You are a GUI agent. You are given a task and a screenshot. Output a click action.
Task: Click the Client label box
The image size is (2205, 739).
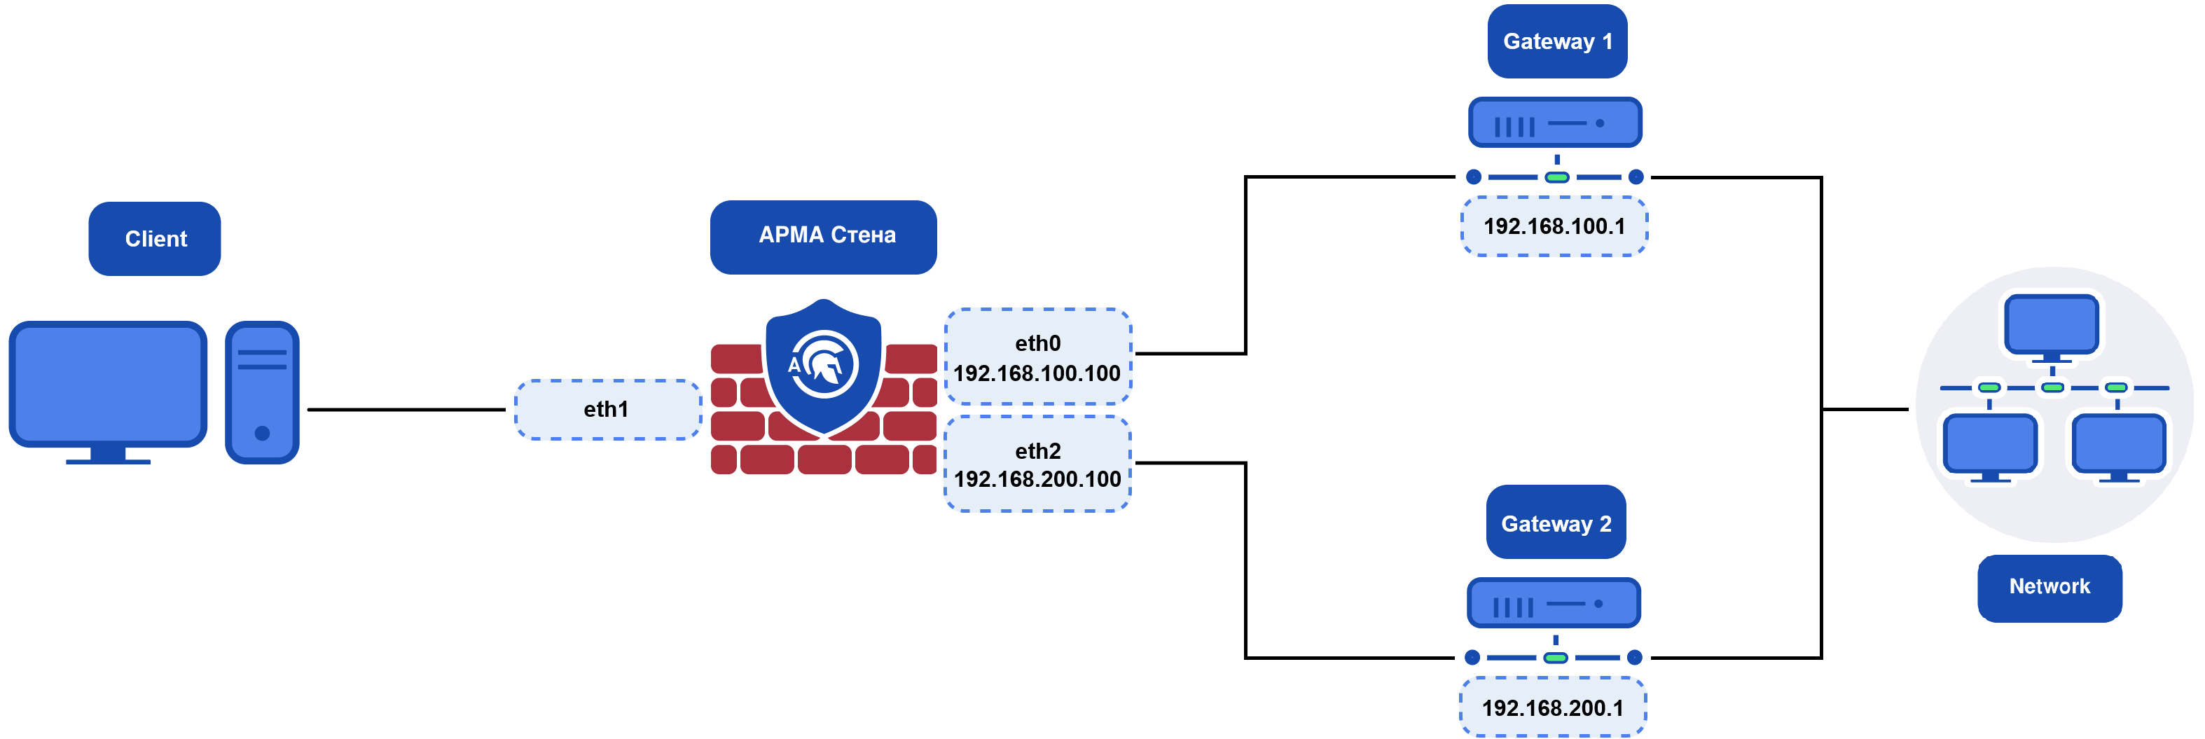155,239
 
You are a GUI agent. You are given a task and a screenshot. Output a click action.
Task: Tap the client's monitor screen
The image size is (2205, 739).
108,382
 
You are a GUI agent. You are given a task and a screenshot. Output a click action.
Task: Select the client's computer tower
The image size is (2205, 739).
262,392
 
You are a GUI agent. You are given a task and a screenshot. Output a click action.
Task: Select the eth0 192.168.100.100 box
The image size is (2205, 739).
1037,357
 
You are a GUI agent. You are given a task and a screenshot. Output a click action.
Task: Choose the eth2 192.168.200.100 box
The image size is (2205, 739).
1037,464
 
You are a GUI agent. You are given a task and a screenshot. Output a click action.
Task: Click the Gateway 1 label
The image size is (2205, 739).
1557,42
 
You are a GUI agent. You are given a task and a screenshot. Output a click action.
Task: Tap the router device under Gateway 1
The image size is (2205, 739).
1555,123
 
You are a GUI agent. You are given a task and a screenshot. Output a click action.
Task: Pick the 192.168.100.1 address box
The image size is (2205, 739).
1554,227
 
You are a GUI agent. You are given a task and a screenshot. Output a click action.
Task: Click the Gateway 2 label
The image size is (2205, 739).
1555,523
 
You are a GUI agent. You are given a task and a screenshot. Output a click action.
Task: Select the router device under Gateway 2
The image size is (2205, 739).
1554,604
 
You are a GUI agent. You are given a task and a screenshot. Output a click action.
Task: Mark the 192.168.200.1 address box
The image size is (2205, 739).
1552,708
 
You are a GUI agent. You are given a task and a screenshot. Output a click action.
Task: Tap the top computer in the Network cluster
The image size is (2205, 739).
2052,324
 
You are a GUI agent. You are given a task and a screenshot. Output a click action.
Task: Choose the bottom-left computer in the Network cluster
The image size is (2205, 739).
1989,443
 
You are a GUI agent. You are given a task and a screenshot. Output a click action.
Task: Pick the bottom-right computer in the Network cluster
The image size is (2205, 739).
2119,443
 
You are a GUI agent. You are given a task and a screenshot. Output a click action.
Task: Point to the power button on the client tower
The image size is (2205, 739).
262,434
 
